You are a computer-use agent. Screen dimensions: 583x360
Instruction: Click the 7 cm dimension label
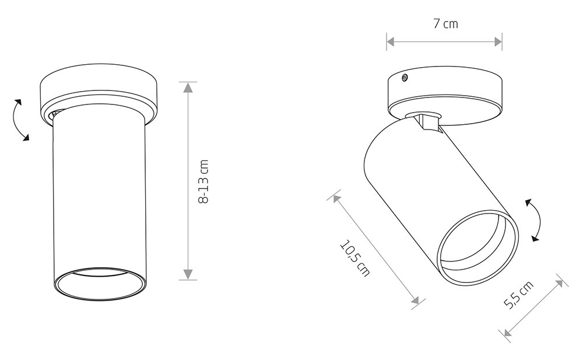[x=445, y=24]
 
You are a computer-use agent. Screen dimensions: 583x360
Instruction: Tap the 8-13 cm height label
[x=203, y=181]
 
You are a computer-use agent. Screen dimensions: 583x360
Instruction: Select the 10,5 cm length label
[x=355, y=258]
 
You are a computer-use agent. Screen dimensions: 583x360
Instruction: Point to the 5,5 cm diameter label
[x=518, y=295]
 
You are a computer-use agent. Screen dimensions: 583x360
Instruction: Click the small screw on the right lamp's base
[x=405, y=78]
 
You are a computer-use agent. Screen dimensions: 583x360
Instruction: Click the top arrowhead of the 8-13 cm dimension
[x=188, y=88]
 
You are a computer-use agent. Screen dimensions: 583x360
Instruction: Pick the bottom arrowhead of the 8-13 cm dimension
[x=188, y=274]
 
